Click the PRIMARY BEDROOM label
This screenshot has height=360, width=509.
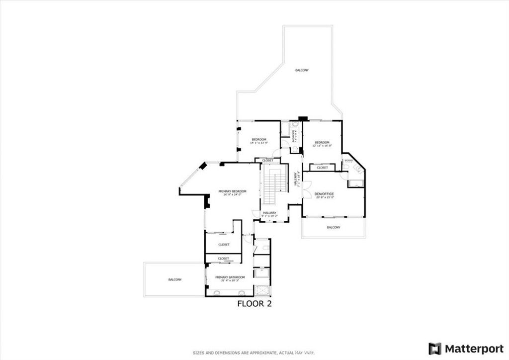click(x=232, y=191)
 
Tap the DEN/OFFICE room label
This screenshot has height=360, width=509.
click(x=324, y=193)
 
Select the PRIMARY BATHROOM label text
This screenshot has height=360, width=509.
click(x=230, y=277)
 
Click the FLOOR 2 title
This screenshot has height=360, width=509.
click(x=254, y=303)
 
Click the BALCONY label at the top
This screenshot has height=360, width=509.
click(x=302, y=70)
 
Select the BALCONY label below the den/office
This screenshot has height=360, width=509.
click(x=333, y=227)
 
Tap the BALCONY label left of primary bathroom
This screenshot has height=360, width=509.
click(x=174, y=279)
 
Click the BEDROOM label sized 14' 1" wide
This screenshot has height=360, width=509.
click(x=258, y=139)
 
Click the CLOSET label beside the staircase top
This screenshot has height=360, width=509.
click(x=267, y=161)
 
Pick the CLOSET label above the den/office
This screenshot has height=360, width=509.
click(x=322, y=168)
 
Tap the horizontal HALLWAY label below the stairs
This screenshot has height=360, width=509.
click(x=270, y=212)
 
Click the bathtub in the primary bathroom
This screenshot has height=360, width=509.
click(x=261, y=272)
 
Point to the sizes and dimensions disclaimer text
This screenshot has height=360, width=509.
click(x=254, y=353)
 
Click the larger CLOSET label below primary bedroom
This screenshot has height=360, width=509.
click(x=224, y=245)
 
